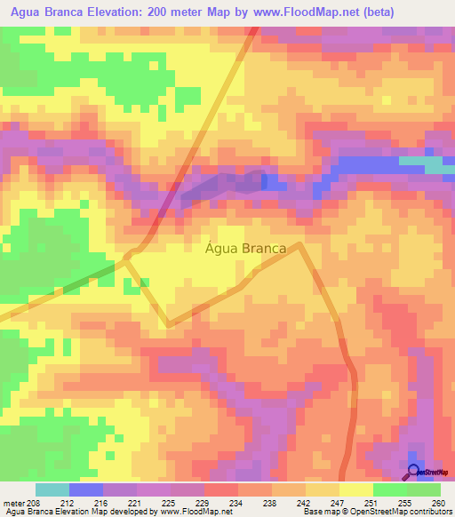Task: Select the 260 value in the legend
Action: (438, 504)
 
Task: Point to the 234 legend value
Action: (236, 504)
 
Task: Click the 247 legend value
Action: (338, 504)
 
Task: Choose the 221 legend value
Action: (136, 504)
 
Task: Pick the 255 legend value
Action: (405, 504)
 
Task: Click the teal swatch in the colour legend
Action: (52, 489)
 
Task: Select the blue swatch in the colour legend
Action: (86, 489)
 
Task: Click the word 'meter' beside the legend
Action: (14, 504)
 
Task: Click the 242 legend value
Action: (304, 504)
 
